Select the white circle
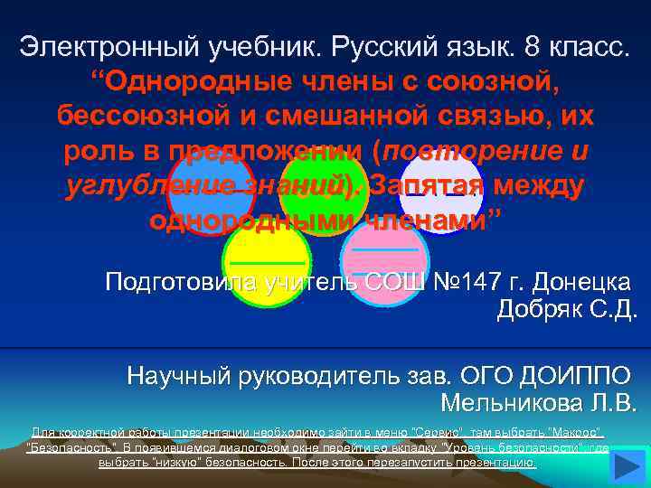pos(442,188)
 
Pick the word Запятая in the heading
pos(429,185)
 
